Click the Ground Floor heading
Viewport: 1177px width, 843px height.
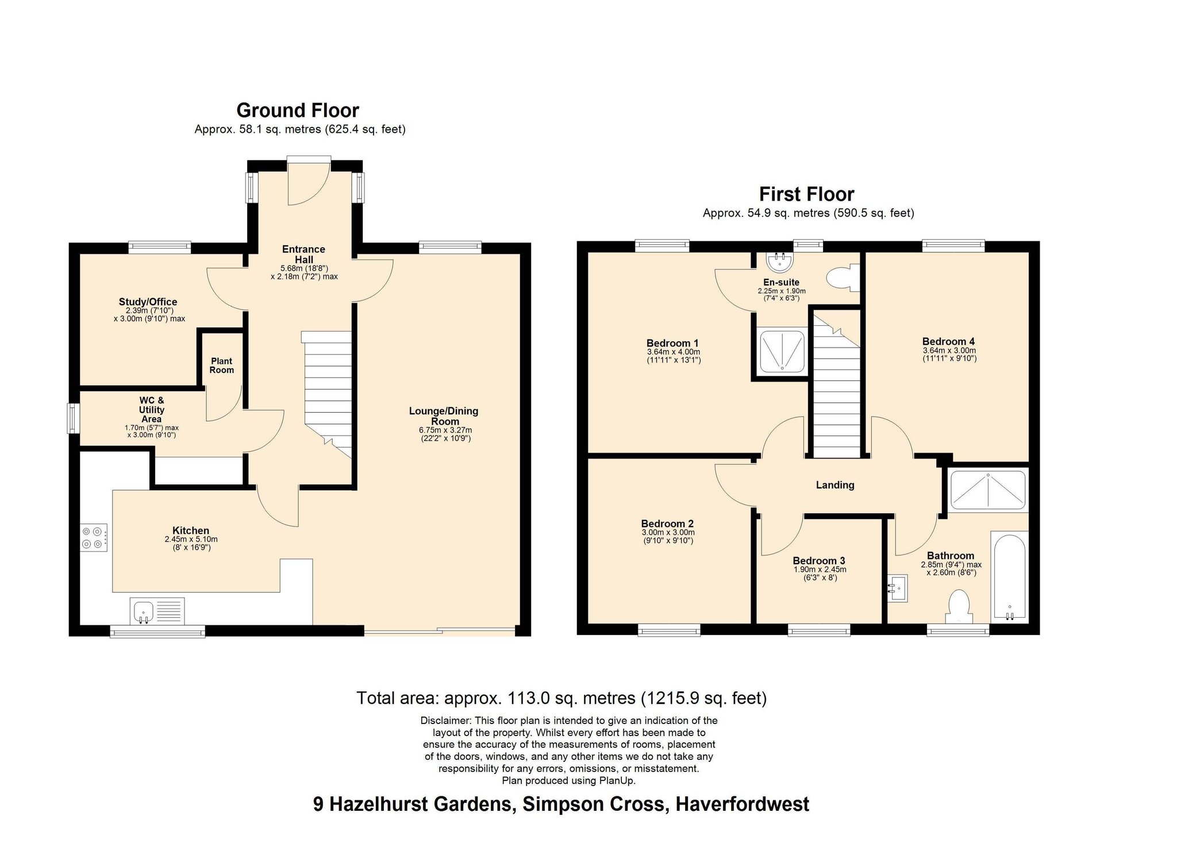point(298,110)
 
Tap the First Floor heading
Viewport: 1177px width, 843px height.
point(806,194)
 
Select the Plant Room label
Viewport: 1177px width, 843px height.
point(221,365)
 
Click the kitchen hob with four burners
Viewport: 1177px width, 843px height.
point(94,537)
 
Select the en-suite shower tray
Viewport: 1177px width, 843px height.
point(782,351)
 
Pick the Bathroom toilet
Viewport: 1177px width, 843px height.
point(959,607)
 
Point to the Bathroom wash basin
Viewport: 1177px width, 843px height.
point(897,588)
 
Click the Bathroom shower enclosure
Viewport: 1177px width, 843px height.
point(988,490)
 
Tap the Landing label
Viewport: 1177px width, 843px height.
point(835,485)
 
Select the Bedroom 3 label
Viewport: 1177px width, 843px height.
point(819,561)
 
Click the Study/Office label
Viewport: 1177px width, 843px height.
point(148,302)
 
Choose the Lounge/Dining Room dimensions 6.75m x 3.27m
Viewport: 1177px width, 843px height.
point(445,430)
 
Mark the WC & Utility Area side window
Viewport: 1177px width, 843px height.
point(73,418)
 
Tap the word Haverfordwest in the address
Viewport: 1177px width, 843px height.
point(742,804)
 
